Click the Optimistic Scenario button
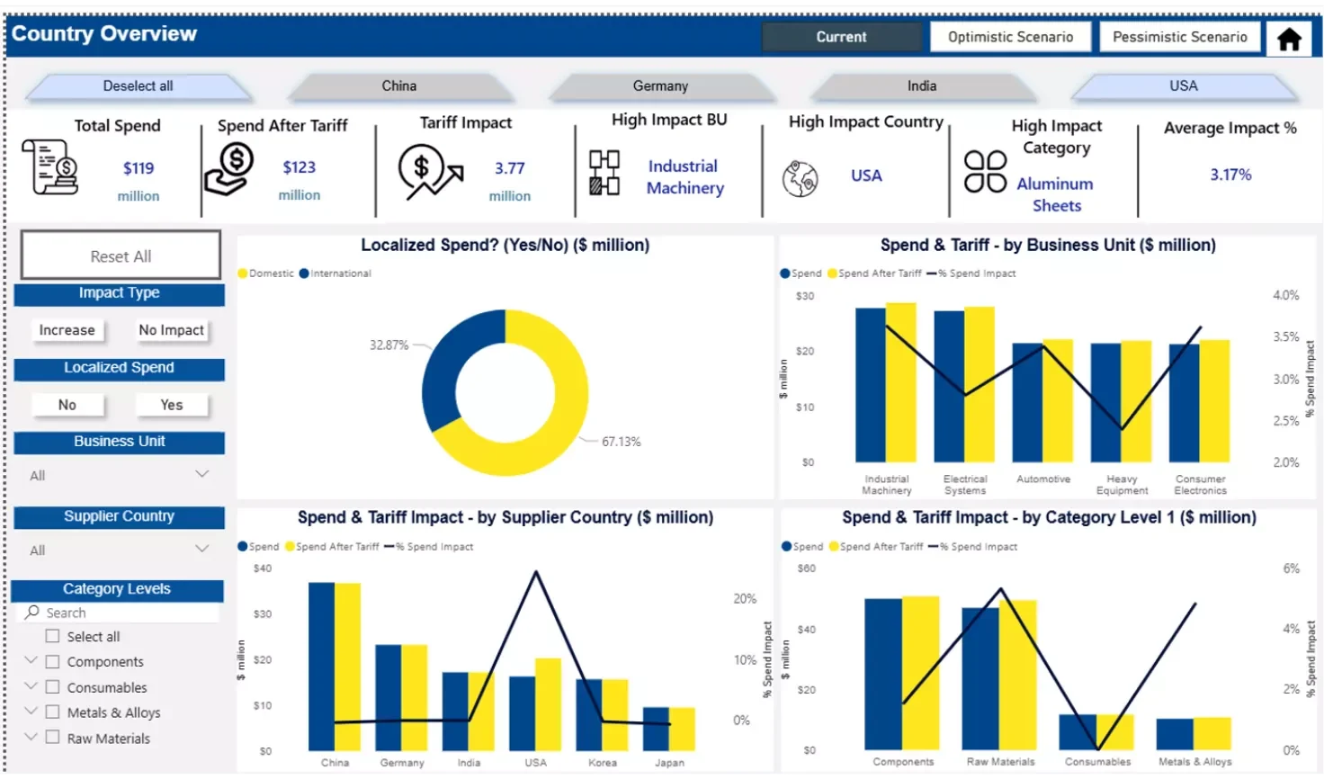click(1010, 37)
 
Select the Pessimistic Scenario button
click(1179, 37)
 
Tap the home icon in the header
click(1289, 39)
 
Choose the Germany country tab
click(660, 86)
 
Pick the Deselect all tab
click(138, 86)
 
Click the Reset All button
click(121, 255)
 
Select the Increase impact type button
click(67, 330)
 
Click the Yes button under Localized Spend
click(171, 405)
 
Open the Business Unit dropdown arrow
click(201, 474)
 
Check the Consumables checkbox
click(52, 687)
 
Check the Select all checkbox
click(52, 636)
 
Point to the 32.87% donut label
click(389, 345)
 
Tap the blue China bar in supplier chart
click(321, 666)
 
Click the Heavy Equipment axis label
click(1122, 485)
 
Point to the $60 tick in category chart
click(807, 569)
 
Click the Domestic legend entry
click(267, 273)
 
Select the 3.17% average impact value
click(1230, 175)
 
